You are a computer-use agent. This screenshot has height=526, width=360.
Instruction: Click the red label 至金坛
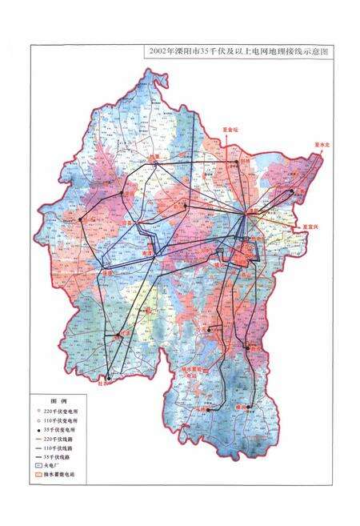click(229, 129)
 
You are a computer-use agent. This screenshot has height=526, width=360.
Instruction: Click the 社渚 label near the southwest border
click(101, 383)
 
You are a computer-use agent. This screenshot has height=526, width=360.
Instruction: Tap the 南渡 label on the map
click(148, 250)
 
